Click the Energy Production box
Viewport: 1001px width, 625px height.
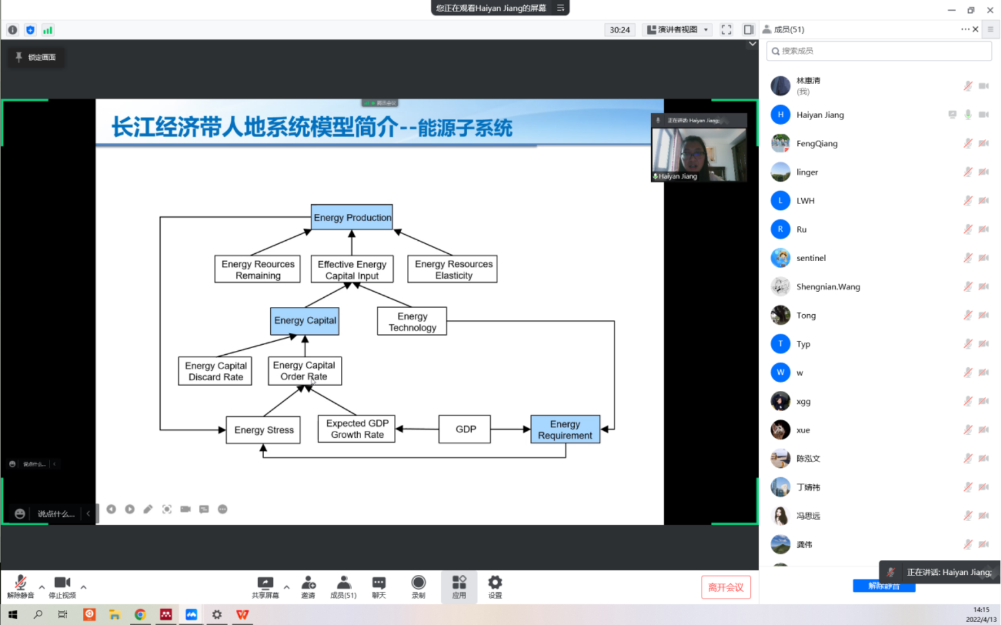pyautogui.click(x=352, y=218)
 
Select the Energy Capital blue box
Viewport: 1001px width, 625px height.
pyautogui.click(x=305, y=321)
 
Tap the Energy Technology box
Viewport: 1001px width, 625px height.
pyautogui.click(x=412, y=322)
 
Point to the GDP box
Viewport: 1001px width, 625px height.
pyautogui.click(x=465, y=429)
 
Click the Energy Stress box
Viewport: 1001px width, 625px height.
pyautogui.click(x=264, y=430)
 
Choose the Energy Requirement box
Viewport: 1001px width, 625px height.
pyautogui.click(x=565, y=430)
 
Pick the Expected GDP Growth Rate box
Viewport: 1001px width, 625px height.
pyautogui.click(x=357, y=429)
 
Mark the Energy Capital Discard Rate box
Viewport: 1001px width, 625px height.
pyautogui.click(x=216, y=371)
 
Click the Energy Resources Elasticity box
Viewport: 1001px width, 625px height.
pyautogui.click(x=453, y=270)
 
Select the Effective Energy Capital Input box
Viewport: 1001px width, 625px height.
pyautogui.click(x=352, y=270)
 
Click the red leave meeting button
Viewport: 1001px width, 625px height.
pyautogui.click(x=726, y=588)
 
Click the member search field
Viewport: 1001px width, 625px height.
pyautogui.click(x=879, y=51)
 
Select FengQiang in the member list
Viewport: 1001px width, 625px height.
pyautogui.click(x=816, y=144)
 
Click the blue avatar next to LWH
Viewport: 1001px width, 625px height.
pyautogui.click(x=780, y=201)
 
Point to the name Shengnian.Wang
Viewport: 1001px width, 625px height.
pyautogui.click(x=828, y=287)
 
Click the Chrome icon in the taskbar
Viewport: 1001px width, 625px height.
pyautogui.click(x=140, y=614)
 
